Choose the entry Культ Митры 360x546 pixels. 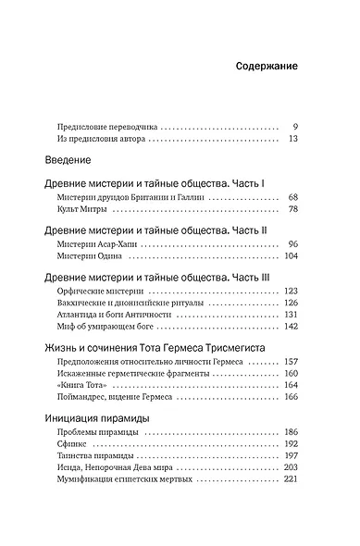coord(81,210)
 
